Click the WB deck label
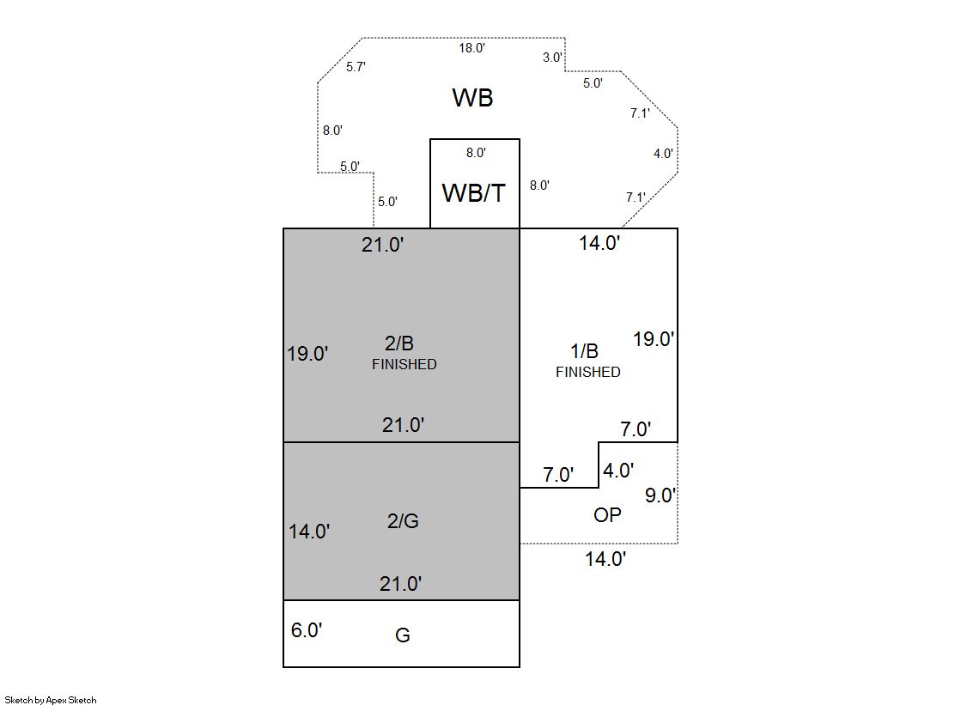(472, 98)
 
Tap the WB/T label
(473, 193)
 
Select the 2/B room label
(399, 344)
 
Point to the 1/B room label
(585, 351)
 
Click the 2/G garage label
(403, 521)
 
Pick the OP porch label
(607, 515)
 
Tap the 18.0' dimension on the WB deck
(471, 48)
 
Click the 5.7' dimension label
(356, 67)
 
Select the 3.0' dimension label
(553, 58)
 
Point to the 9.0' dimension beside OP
(660, 495)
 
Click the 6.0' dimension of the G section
(307, 630)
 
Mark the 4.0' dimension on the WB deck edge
(663, 154)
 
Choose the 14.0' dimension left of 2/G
(309, 532)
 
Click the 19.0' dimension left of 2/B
(307, 354)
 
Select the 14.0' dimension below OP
(605, 559)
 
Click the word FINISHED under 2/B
(404, 365)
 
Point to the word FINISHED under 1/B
(587, 373)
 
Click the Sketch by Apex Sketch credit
(51, 701)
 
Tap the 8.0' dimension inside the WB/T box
(476, 153)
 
